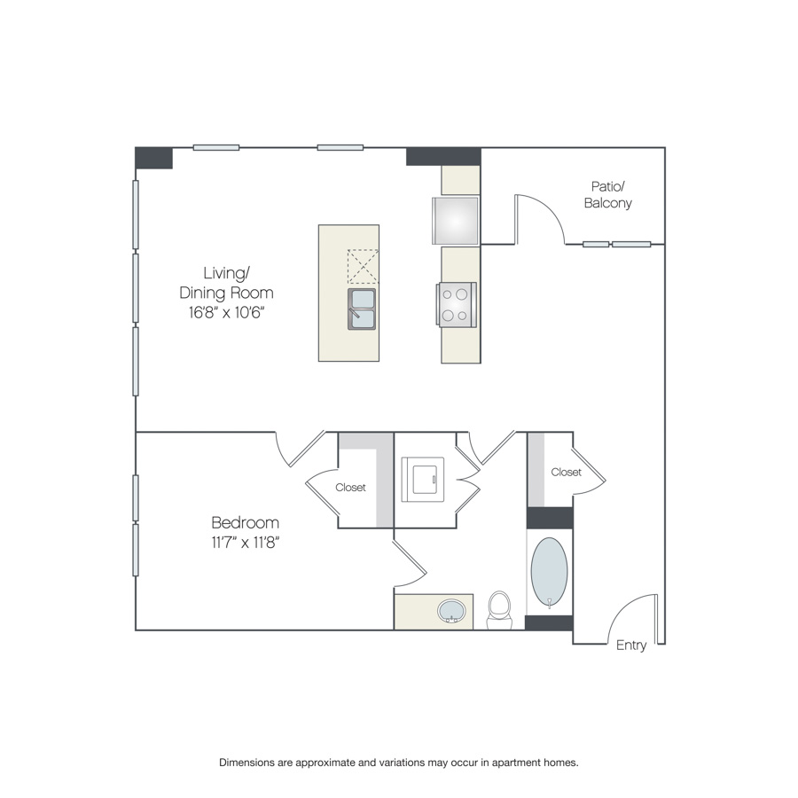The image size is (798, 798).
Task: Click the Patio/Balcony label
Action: coord(607,195)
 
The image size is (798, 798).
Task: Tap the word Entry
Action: coord(631,645)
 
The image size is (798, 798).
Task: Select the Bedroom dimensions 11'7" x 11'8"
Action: coord(246,543)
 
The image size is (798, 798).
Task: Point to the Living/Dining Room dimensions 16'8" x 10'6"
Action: coord(226,312)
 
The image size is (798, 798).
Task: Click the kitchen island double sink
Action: coord(362,309)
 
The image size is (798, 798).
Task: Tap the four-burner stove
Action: coord(457,304)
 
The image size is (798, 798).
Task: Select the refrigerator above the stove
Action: coord(456,221)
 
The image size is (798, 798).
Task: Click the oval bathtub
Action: coord(549,572)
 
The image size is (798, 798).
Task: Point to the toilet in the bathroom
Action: coord(498,610)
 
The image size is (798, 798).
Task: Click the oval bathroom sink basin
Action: coord(451,611)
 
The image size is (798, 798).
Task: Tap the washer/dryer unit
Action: coord(422,480)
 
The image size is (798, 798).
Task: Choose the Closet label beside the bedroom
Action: coord(350,488)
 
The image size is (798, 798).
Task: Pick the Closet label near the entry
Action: coord(566,473)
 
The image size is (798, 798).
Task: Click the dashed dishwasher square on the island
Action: coord(363,266)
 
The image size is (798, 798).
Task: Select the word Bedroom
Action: coord(245,522)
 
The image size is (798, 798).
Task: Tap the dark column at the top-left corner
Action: coord(153,158)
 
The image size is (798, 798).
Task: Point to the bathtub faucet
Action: coord(550,604)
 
